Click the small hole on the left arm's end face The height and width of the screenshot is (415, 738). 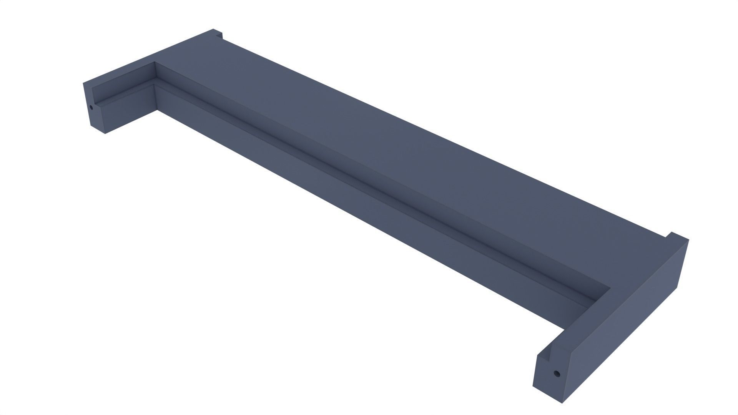click(x=91, y=107)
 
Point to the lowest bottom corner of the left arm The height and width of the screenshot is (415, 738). click(x=105, y=134)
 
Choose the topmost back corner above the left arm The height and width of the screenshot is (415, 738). click(x=213, y=29)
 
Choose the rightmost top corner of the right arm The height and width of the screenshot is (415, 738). click(x=688, y=240)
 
